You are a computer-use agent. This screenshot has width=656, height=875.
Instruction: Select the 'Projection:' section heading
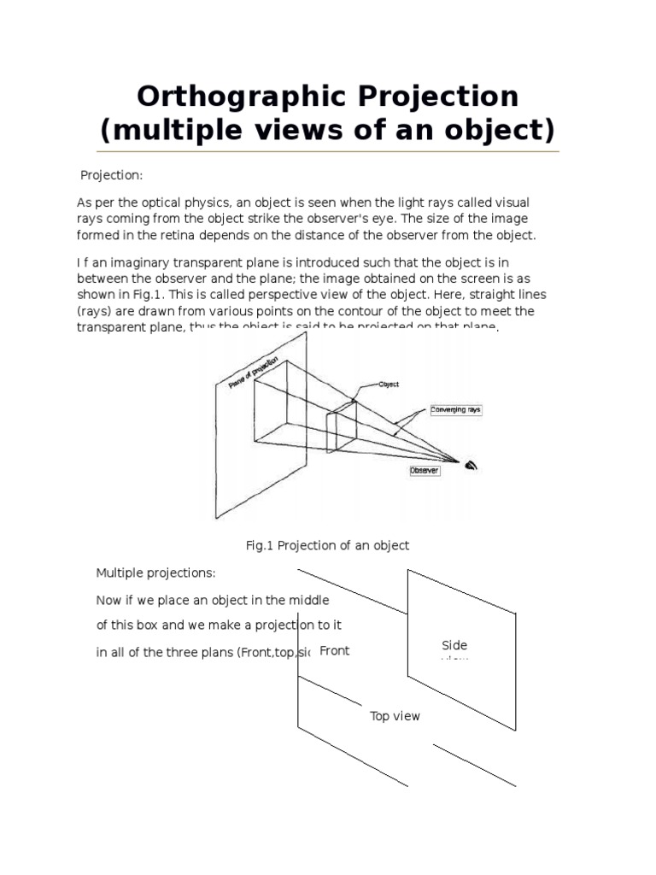point(111,175)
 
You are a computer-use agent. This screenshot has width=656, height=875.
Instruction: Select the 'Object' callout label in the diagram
point(389,385)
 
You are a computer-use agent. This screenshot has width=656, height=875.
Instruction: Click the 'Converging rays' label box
point(455,410)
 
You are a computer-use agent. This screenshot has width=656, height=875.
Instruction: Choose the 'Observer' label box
point(425,470)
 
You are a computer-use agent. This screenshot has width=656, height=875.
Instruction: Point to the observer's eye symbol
point(471,465)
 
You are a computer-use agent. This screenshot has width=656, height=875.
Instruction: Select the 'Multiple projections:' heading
point(155,572)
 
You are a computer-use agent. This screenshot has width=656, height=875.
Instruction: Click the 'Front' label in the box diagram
point(334,651)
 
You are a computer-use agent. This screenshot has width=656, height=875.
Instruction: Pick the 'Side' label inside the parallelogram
point(454,645)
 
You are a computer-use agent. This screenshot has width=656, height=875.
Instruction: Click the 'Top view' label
point(395,716)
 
